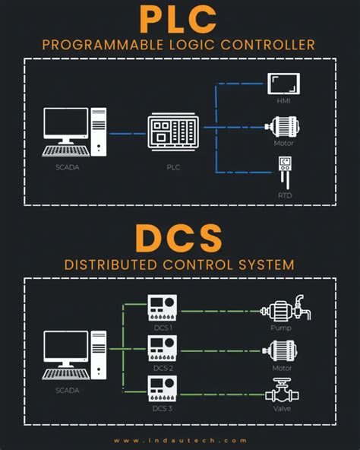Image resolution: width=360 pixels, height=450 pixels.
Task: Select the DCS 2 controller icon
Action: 161,349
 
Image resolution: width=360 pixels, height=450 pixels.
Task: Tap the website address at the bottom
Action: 180,440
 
